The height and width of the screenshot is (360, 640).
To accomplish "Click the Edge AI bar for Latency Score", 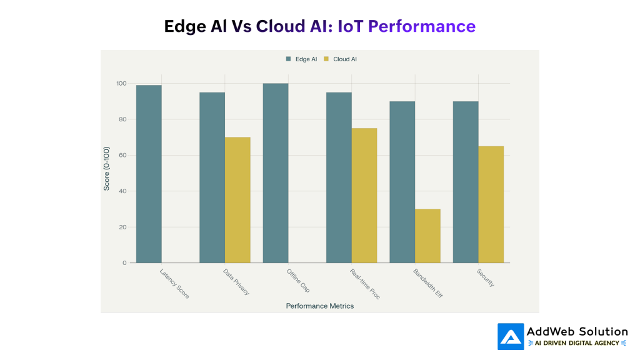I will [x=149, y=174].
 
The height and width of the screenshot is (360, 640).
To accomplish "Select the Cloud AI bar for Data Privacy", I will [x=237, y=200].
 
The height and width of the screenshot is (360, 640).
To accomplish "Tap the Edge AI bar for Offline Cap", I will [x=276, y=173].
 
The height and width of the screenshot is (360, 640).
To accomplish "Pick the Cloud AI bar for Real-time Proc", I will [x=364, y=195].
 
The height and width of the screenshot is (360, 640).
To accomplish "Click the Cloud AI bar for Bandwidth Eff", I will [x=427, y=236].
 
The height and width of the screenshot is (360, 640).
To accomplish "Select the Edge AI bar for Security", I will [x=466, y=182].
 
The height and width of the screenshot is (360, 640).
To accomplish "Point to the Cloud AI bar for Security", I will [x=491, y=204].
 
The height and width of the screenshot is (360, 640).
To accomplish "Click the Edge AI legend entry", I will [x=302, y=59].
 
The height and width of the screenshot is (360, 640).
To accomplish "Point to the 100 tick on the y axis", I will [x=121, y=84].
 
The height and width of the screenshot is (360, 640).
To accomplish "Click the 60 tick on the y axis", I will [x=123, y=155].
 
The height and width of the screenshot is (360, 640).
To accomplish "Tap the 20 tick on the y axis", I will [x=123, y=227].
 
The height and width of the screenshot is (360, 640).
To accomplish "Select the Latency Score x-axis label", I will [x=174, y=283].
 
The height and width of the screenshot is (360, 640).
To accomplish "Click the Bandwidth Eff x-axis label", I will [x=427, y=283].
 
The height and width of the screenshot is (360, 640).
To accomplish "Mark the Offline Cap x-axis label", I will [x=298, y=281].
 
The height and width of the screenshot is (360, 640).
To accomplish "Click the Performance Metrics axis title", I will [x=319, y=306].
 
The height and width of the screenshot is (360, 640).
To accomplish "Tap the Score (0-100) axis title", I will [x=107, y=169].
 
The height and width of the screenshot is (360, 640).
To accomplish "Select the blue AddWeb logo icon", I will [x=511, y=336].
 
